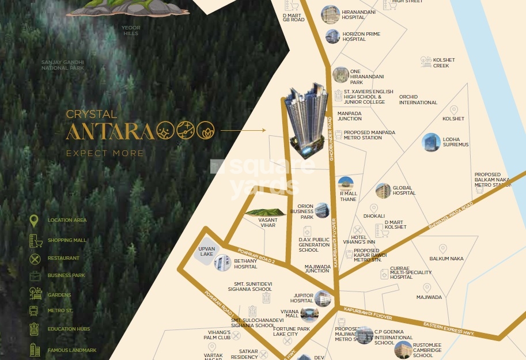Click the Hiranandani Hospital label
(358, 14)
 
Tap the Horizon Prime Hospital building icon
(332, 36)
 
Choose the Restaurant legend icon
(35, 258)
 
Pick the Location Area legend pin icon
(35, 221)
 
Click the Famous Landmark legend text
(71, 350)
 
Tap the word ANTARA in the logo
(109, 131)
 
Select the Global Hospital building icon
(383, 190)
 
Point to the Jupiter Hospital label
(301, 298)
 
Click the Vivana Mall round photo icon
(309, 313)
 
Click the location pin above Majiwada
(427, 287)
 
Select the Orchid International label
(418, 100)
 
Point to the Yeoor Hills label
(131, 31)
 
